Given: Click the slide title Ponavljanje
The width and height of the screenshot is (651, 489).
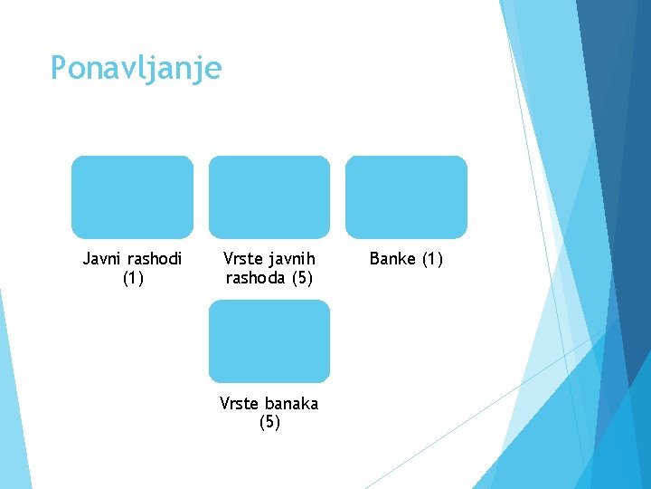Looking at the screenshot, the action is pos(136,69).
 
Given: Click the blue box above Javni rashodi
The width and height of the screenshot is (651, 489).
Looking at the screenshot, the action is pos(132,197).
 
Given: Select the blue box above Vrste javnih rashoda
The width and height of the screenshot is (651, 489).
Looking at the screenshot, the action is pos(269,197).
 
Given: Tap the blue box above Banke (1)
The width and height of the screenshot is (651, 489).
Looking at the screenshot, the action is pos(407,197).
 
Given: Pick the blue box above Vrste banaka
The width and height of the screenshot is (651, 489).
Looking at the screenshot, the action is pos(269,341).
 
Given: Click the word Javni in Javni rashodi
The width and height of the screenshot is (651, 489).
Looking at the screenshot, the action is pos(100,259).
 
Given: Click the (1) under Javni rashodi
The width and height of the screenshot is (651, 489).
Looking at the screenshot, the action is pos(133,278).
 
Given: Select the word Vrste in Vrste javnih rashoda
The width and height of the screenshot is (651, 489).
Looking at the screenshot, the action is pos(242,259).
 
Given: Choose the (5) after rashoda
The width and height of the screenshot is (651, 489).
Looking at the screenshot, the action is pos(302,278).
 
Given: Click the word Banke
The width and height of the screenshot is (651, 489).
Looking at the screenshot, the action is pos(392,259).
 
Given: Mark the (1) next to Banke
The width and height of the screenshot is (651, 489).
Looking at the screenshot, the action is pos(431,259).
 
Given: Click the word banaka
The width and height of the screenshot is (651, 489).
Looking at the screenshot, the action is pos(291,403).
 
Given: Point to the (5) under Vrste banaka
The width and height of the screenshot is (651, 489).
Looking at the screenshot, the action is pos(269,422).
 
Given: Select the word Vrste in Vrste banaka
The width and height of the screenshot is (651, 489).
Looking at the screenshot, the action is pos(239,403).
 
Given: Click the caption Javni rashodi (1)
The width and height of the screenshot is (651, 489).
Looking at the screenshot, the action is pos(133,268).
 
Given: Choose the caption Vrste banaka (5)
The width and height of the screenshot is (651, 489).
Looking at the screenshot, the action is pos(269,412).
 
